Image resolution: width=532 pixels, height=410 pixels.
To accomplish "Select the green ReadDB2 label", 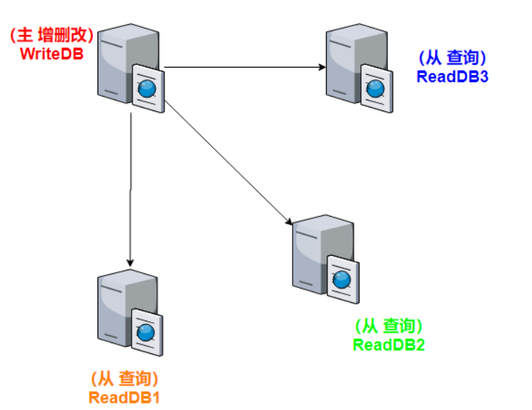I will click(x=389, y=345).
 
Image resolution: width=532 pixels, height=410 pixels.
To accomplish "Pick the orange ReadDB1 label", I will click(x=124, y=398).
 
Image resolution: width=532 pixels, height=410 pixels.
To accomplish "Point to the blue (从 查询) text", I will click(x=452, y=57).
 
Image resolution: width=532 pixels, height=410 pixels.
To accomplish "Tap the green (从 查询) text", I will click(x=389, y=326).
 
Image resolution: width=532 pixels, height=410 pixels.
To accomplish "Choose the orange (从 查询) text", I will click(x=124, y=379).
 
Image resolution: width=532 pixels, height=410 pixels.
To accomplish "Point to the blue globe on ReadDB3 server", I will click(x=376, y=88).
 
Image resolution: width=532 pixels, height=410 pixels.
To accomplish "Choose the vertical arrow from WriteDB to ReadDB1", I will click(x=130, y=189).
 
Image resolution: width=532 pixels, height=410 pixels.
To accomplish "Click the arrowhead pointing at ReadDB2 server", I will click(x=290, y=220).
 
